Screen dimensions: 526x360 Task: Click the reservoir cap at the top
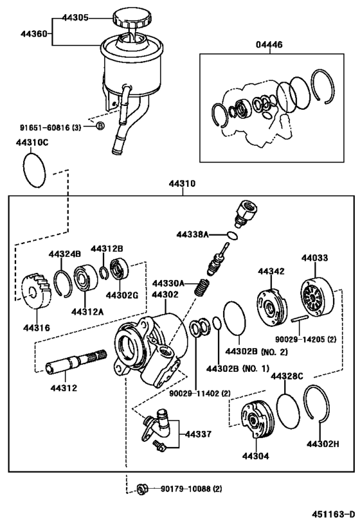coord(132,17)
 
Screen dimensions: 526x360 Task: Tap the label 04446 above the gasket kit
coord(269,45)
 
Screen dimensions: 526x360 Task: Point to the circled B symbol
coord(100,126)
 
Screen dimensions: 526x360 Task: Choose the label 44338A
coord(193,235)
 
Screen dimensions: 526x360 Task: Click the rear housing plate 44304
coord(256,421)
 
